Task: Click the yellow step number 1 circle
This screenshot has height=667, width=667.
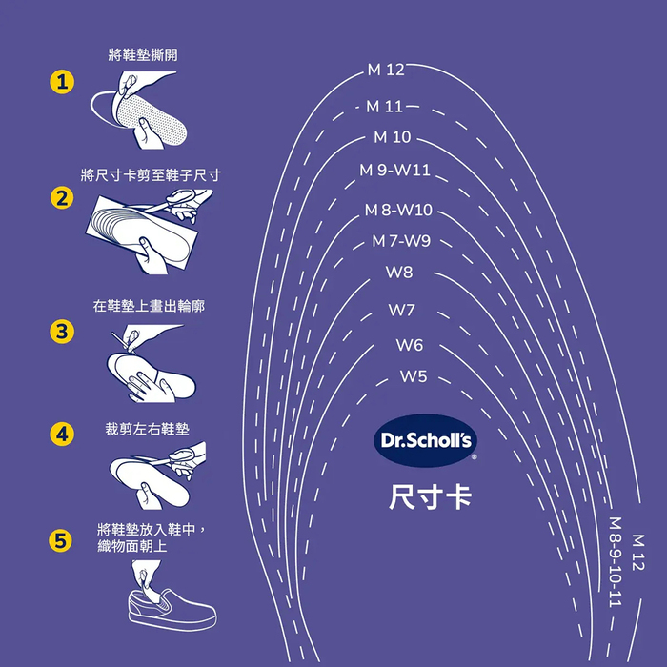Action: click(62, 83)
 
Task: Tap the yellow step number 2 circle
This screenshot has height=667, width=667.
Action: click(62, 198)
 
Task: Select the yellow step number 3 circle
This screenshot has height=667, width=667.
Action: click(62, 332)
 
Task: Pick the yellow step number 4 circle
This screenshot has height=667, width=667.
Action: click(62, 434)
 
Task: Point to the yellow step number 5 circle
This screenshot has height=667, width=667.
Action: click(62, 541)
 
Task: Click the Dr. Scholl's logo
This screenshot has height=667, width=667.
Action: click(426, 440)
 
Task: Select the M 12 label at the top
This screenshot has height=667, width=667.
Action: click(386, 70)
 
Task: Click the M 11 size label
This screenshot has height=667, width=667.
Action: click(386, 107)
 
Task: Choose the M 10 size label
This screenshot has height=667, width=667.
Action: click(393, 137)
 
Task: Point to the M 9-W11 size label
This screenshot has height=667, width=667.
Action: click(395, 171)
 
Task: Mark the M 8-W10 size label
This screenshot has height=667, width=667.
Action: click(398, 210)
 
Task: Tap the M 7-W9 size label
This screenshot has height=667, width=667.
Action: click(401, 241)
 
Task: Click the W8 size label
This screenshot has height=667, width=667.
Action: click(399, 273)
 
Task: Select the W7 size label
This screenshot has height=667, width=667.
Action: click(402, 311)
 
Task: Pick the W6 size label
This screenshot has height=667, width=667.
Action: click(410, 345)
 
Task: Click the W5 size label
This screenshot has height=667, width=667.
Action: click(413, 376)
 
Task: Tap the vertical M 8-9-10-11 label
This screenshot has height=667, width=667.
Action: click(616, 562)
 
